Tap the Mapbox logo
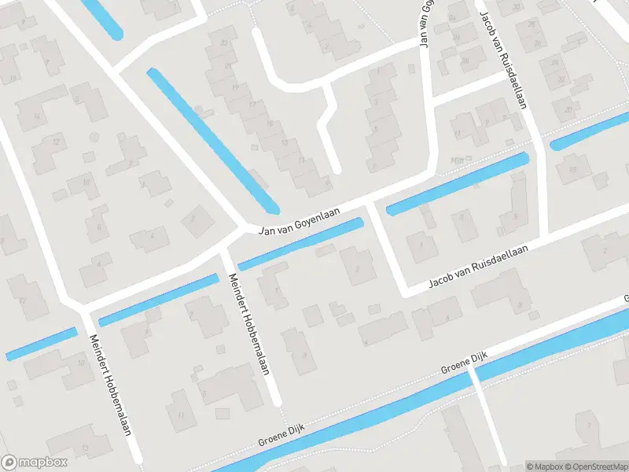click(x=35, y=463)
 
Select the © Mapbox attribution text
click(x=545, y=466)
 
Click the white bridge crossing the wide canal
click(x=474, y=377)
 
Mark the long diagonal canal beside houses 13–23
click(x=212, y=140)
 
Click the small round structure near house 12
click(x=94, y=137)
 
